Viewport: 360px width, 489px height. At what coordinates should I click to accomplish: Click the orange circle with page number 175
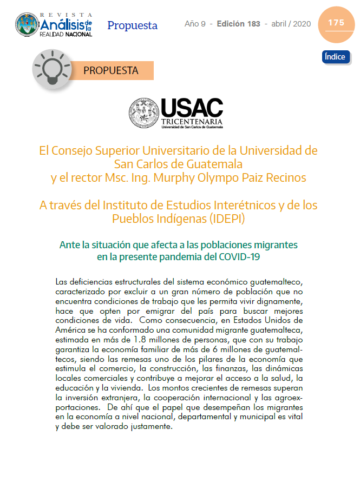click(336, 23)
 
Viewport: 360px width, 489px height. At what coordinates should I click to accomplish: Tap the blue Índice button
click(336, 57)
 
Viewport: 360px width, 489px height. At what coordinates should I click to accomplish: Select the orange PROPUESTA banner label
click(111, 70)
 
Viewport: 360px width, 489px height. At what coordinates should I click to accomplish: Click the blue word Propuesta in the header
click(132, 25)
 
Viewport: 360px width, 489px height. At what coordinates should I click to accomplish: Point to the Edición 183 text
click(238, 24)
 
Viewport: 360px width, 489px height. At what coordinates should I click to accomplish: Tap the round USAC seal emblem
click(143, 113)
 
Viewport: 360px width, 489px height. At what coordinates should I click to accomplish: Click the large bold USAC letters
click(192, 108)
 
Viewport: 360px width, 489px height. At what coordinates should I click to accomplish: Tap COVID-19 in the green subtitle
click(238, 257)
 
